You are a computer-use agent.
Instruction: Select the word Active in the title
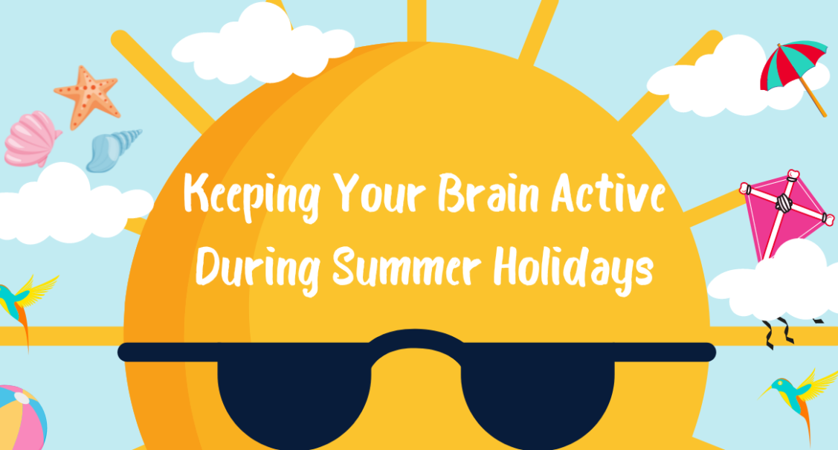tap(608, 193)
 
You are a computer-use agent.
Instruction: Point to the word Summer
tap(407, 266)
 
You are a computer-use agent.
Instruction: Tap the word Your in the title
tap(379, 193)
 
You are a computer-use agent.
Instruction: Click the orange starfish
tap(88, 97)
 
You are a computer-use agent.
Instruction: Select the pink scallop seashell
tap(31, 139)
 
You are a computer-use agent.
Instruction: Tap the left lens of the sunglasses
tap(294, 396)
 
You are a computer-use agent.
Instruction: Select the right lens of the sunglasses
tap(537, 396)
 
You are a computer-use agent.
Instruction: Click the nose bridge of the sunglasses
tap(416, 342)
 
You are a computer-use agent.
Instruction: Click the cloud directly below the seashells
tap(69, 206)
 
